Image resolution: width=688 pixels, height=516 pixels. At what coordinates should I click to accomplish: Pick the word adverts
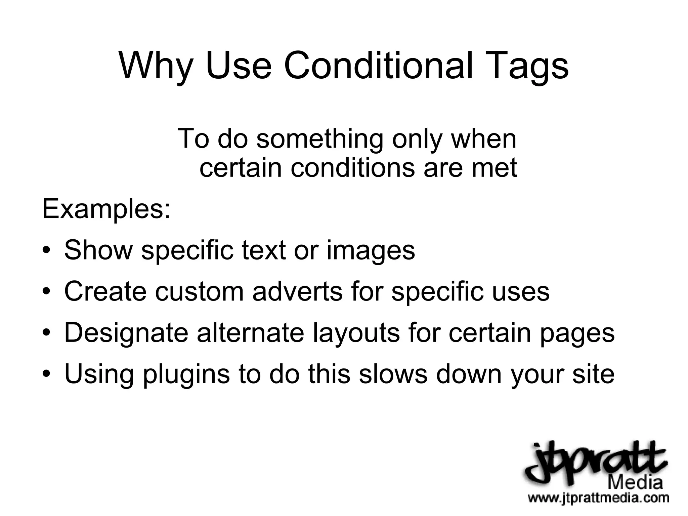(x=297, y=291)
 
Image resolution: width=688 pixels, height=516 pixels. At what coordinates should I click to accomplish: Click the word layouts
(x=356, y=333)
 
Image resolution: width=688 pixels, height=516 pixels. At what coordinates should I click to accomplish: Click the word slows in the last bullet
(x=393, y=374)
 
